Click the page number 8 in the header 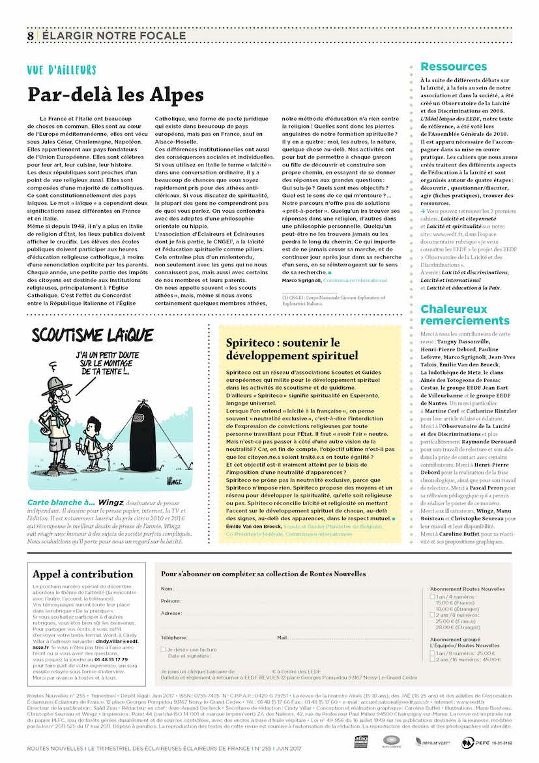(x=31, y=36)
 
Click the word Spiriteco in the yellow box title (x=248, y=343)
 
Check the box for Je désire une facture (x=164, y=649)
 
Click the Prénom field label (x=171, y=601)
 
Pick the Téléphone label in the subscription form (x=174, y=637)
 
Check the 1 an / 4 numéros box (x=433, y=597)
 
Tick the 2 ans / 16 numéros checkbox (x=433, y=660)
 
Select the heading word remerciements (x=465, y=320)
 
